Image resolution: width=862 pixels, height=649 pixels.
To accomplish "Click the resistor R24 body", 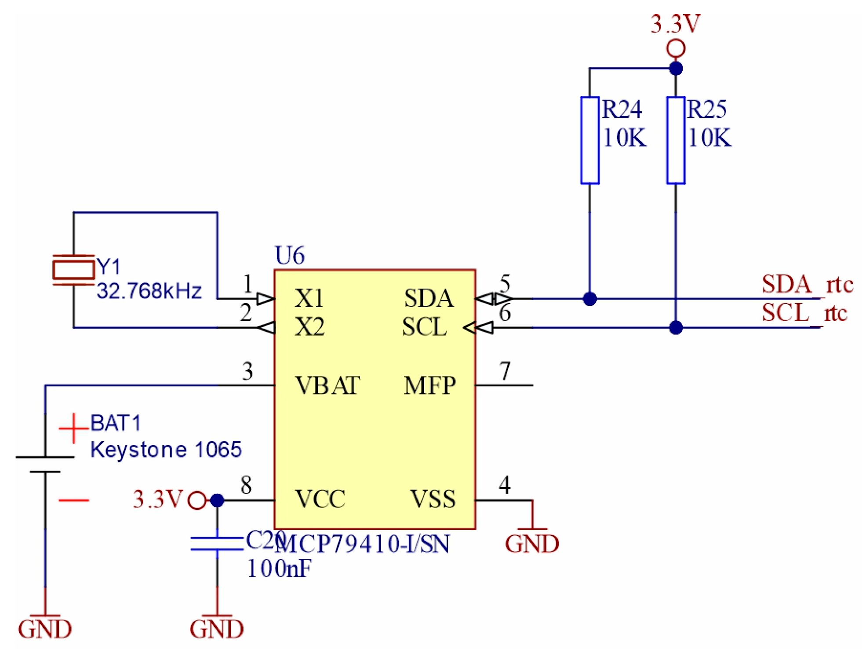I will [589, 140].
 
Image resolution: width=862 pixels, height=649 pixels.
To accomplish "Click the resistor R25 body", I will [675, 140].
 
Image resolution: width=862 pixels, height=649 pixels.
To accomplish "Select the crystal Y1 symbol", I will [73, 269].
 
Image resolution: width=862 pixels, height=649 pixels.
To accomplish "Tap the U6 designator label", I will [289, 255].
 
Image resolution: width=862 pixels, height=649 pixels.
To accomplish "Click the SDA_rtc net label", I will [807, 284].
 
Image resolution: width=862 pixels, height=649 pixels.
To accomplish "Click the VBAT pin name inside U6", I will [327, 385].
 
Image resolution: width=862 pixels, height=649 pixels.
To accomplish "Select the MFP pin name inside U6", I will [429, 385].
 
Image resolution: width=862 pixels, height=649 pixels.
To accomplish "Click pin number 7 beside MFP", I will [505, 370].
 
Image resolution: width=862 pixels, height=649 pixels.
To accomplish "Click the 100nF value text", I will [279, 568].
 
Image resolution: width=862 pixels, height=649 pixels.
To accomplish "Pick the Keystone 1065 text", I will [166, 450].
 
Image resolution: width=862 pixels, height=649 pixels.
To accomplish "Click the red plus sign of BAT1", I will [73, 428].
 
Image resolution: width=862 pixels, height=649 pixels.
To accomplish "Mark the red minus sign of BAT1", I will [73, 500].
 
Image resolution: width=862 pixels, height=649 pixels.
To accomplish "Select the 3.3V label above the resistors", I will [675, 24].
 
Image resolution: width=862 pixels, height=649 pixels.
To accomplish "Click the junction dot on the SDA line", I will [589, 299].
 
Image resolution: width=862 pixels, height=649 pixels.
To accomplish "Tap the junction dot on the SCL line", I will [675, 328].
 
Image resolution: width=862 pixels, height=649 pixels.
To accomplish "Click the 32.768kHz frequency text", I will [149, 291].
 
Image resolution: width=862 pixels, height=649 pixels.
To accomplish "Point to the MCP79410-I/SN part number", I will [362, 544].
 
